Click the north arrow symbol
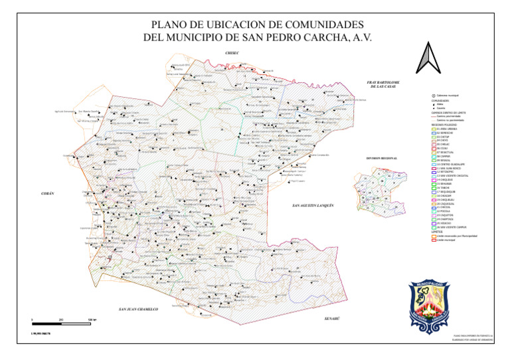point(425,58)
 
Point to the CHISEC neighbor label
point(232,52)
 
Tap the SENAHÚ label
point(331,319)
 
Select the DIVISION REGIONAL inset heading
point(381,159)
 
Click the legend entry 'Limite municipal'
point(446,239)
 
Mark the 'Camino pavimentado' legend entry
point(449,116)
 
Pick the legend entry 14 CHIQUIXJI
point(444,180)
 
